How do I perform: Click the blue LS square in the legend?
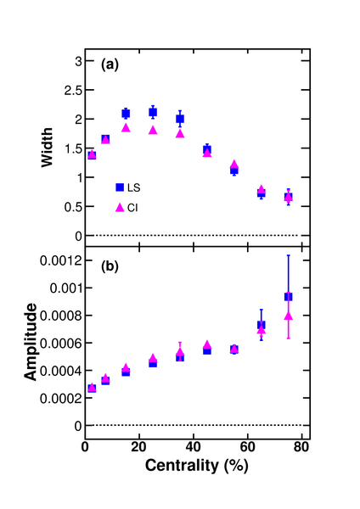click(120, 187)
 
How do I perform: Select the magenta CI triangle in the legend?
click(120, 208)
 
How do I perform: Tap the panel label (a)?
click(110, 64)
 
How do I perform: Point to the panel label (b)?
click(110, 266)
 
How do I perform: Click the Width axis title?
click(47, 148)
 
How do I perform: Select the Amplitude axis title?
click(31, 342)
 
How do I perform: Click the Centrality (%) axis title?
click(197, 466)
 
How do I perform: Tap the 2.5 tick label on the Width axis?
click(73, 90)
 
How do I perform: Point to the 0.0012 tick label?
click(61, 260)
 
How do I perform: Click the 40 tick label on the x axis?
click(194, 447)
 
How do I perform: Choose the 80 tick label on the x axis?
click(301, 447)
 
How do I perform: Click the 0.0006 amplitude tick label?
click(61, 343)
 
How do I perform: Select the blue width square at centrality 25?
click(153, 112)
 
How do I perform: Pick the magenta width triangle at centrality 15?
click(126, 128)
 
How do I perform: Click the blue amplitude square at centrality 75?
click(288, 296)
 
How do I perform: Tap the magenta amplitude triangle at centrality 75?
click(288, 316)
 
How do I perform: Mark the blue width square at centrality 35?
click(180, 119)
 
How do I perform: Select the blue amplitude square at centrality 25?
click(153, 363)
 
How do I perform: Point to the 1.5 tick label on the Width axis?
click(73, 148)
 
